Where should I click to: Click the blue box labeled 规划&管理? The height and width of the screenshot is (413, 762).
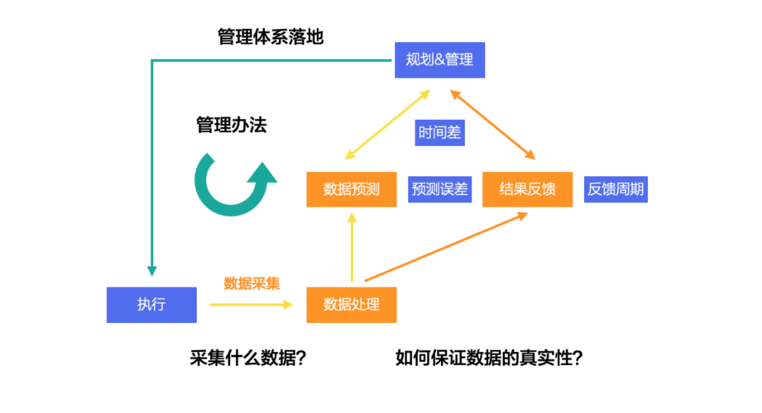pos(439,60)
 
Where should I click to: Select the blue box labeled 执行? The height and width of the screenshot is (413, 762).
pos(151,304)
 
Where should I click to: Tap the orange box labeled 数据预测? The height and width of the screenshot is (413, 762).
pos(352,189)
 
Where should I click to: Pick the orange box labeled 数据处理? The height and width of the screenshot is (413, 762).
pos(352,304)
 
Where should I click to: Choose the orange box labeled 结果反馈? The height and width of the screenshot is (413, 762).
pos(527,189)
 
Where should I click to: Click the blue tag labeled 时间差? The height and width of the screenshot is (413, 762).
pos(439,132)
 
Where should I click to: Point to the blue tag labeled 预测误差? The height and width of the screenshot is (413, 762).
pos(439,189)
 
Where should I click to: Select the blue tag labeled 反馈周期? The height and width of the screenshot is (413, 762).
pos(616,189)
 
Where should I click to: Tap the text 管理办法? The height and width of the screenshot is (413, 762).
pos(232,126)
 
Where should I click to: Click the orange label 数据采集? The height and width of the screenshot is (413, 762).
pos(252,282)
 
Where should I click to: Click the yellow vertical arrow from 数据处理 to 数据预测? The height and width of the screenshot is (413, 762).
pos(352,248)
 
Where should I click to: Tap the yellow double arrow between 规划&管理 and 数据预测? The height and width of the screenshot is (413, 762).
pos(385,124)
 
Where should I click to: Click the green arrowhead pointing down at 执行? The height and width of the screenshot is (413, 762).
pos(151,269)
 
